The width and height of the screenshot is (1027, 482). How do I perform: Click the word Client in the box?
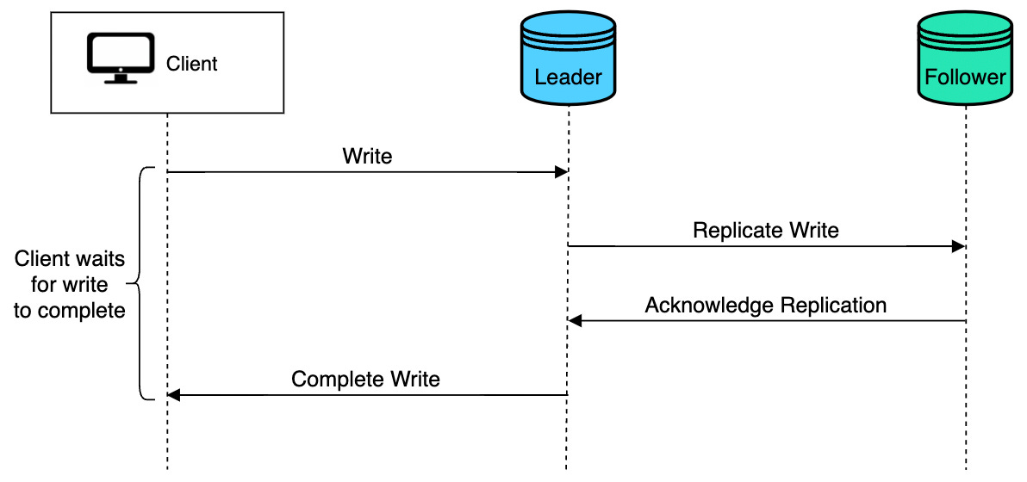point(191,64)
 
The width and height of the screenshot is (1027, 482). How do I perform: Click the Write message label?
point(367,157)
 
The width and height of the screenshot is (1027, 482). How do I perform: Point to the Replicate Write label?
point(765,231)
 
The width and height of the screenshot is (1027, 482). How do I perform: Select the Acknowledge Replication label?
point(765,306)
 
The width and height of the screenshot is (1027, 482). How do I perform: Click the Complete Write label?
point(365,380)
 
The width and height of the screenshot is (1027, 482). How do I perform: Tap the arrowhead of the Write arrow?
point(560,172)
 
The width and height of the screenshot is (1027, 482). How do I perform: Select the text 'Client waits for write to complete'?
point(70,284)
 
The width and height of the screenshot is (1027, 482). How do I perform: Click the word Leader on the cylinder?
point(568,77)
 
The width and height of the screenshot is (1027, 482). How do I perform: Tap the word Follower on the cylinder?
point(965,77)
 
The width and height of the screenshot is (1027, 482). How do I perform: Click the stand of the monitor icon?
point(120,79)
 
